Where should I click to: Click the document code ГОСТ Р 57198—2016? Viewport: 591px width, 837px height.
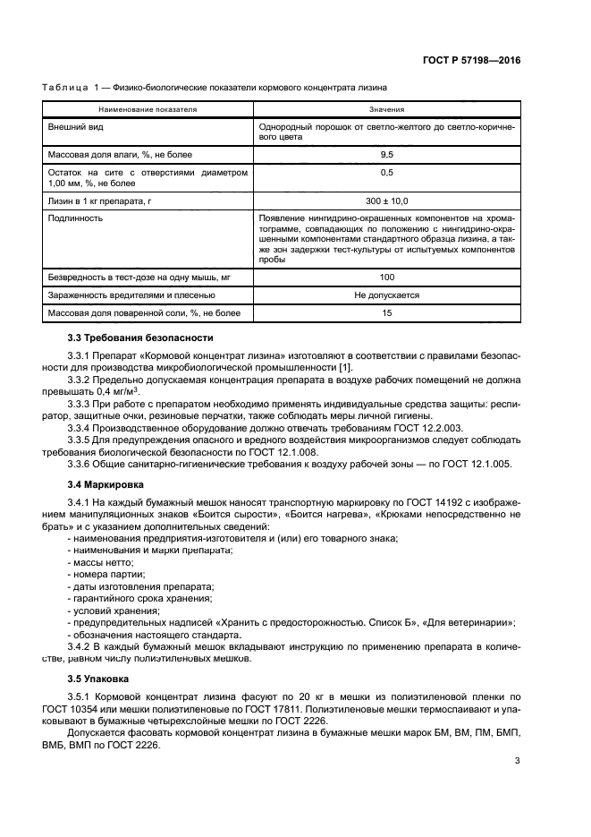pos(470,61)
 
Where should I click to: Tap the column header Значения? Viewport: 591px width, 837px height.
pos(386,109)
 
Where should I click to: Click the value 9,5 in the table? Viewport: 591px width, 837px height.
pos(386,155)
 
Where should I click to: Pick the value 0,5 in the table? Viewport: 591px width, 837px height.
pos(386,172)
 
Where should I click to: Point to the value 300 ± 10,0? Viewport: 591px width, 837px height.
pos(386,201)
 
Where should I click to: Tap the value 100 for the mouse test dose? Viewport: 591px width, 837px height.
pos(386,278)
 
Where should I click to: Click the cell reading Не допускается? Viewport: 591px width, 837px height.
pos(386,295)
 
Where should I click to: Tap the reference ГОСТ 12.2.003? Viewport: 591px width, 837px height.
pos(406,427)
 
